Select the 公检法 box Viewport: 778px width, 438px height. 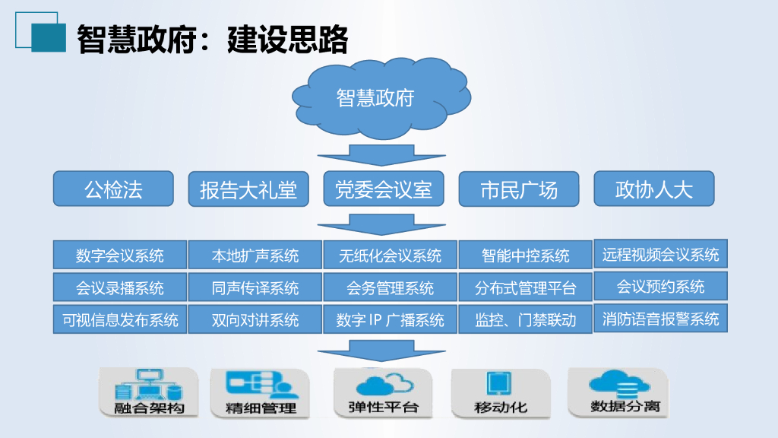113,189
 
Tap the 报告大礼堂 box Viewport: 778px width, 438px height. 248,189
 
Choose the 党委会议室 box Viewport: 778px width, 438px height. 384,189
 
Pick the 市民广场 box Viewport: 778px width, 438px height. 519,189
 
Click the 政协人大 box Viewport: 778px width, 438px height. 654,189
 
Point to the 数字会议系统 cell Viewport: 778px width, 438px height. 120,255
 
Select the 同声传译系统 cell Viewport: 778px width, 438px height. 255,288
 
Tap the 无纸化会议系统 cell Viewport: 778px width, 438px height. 391,255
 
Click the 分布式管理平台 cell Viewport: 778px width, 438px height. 526,288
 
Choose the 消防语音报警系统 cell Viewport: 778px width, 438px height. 660,319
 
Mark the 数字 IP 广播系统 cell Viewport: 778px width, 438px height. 391,320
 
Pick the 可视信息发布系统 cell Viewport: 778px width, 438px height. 120,320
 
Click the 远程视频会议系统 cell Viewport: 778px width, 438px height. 660,254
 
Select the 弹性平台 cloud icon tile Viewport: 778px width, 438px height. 383,392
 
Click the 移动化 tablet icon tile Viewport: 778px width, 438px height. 501,392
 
